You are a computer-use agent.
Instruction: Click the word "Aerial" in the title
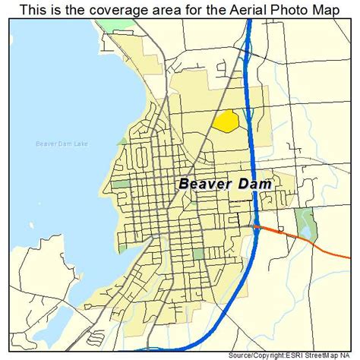click(229, 9)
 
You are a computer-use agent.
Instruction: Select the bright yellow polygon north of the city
click(226, 121)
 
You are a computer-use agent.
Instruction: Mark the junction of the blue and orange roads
click(257, 226)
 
